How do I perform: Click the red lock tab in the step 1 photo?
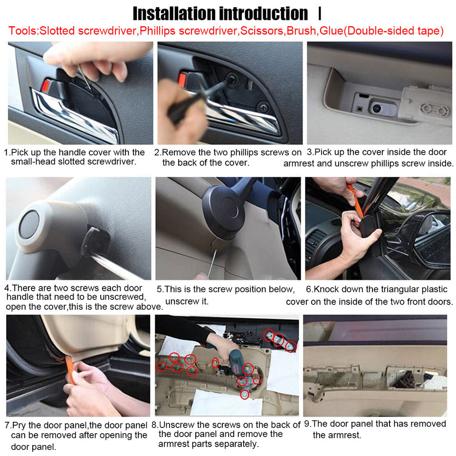pyautogui.click(x=46, y=85)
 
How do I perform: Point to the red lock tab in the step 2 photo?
pyautogui.click(x=182, y=80)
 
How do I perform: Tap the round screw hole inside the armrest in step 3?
pyautogui.click(x=377, y=108)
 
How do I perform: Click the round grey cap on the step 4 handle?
pyautogui.click(x=29, y=224)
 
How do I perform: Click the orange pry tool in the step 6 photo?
pyautogui.click(x=355, y=199)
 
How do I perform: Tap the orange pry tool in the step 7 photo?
pyautogui.click(x=70, y=370)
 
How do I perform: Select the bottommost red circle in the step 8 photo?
pyautogui.click(x=245, y=394)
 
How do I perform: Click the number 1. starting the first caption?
pyautogui.click(x=7, y=152)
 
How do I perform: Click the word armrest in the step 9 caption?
pyautogui.click(x=337, y=436)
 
